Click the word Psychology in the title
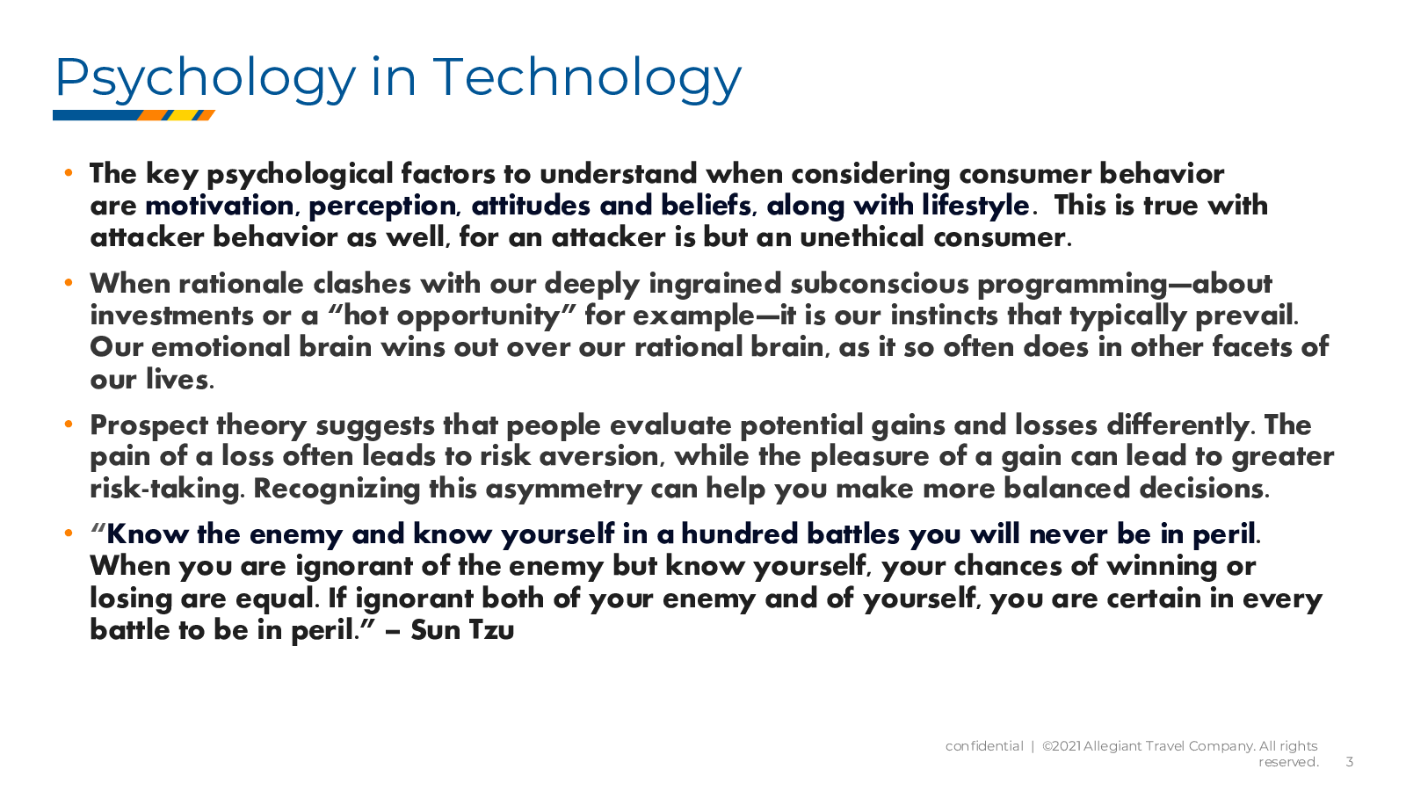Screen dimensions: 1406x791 (x=206, y=79)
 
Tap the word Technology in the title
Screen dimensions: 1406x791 (x=587, y=79)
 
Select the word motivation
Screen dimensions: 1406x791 (x=220, y=206)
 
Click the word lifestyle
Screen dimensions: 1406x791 (x=975, y=206)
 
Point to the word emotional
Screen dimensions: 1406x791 (x=221, y=347)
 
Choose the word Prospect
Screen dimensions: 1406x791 (x=149, y=426)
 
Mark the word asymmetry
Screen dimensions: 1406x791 (x=563, y=490)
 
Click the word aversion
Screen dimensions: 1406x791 (x=602, y=457)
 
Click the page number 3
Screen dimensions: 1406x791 (x=1350, y=762)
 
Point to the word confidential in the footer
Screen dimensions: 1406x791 (x=984, y=746)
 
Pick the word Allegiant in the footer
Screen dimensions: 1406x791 (x=1112, y=746)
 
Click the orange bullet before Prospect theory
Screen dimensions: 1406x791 (x=69, y=425)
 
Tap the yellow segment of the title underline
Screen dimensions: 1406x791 (x=183, y=115)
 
